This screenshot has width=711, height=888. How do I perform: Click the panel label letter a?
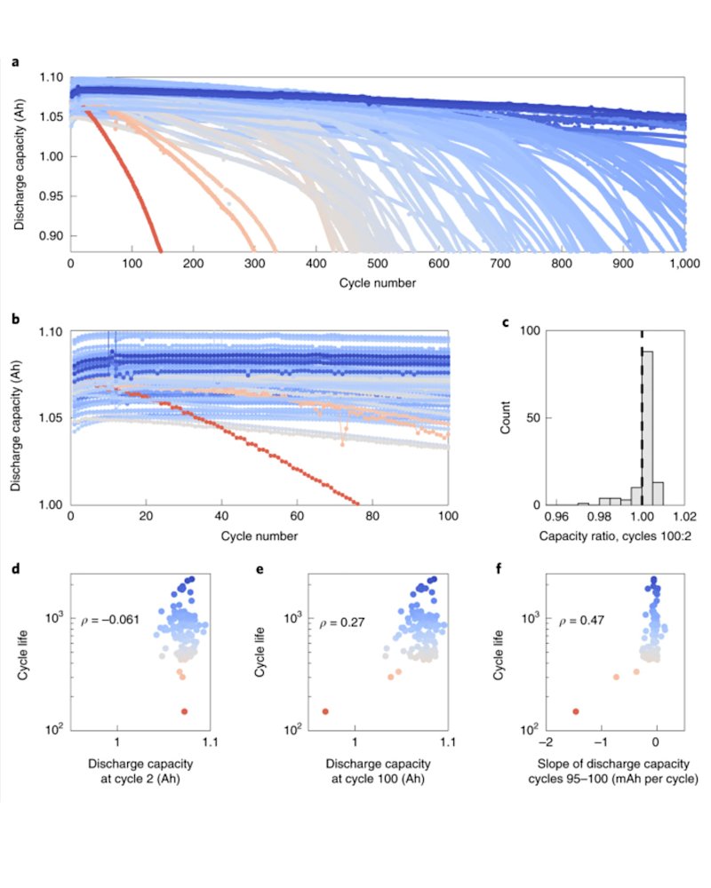pyautogui.click(x=15, y=62)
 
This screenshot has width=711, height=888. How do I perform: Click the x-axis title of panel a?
pyautogui.click(x=377, y=283)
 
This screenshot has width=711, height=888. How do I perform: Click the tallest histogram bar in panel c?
pyautogui.click(x=647, y=427)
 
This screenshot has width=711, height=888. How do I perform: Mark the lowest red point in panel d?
pyautogui.click(x=184, y=711)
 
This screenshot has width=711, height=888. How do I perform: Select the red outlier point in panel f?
pyautogui.click(x=576, y=711)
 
